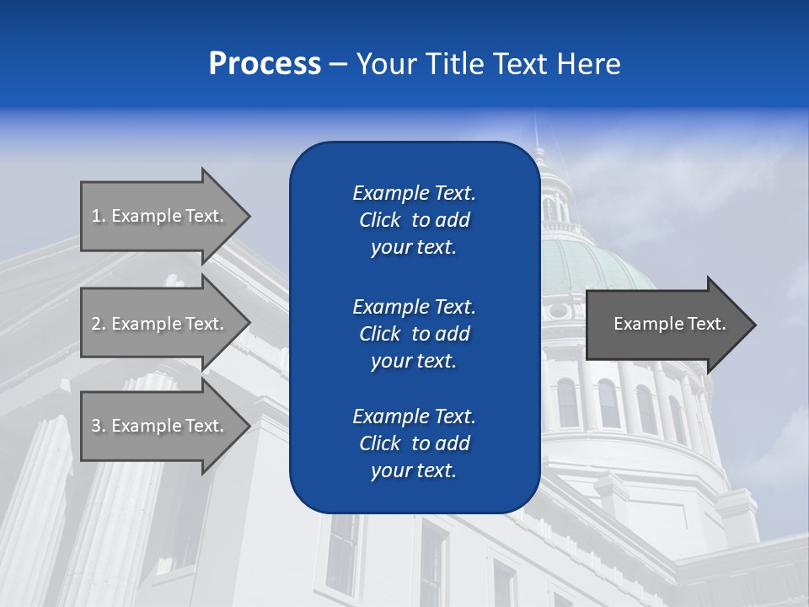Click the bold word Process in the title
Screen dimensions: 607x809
coord(265,64)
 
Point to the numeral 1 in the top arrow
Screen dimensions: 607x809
coord(96,216)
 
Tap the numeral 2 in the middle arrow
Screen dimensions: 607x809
coord(96,324)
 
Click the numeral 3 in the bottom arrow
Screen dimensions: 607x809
coord(96,426)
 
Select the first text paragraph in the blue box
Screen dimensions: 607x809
coord(414,220)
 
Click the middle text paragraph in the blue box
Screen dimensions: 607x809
coord(414,334)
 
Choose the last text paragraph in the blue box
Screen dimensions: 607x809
coord(414,443)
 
